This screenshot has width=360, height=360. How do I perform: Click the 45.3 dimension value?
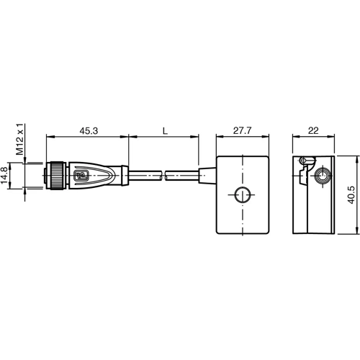tap(89, 130)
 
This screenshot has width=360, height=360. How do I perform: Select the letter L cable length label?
tap(164, 130)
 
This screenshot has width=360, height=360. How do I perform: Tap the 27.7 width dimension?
tap(242, 130)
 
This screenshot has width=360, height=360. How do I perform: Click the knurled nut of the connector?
tap(54, 175)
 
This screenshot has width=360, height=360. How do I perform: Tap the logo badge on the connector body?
tap(83, 175)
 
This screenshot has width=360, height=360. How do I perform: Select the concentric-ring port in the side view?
tap(323, 176)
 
